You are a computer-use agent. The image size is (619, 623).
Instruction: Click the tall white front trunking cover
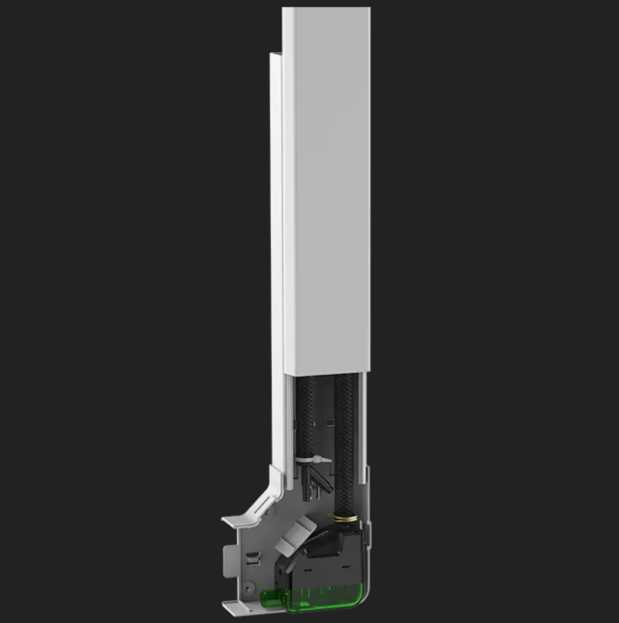pos(327,193)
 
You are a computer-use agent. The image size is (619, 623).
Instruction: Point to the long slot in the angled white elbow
pos(260,513)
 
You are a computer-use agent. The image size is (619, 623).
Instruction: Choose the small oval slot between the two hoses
pos(327,422)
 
